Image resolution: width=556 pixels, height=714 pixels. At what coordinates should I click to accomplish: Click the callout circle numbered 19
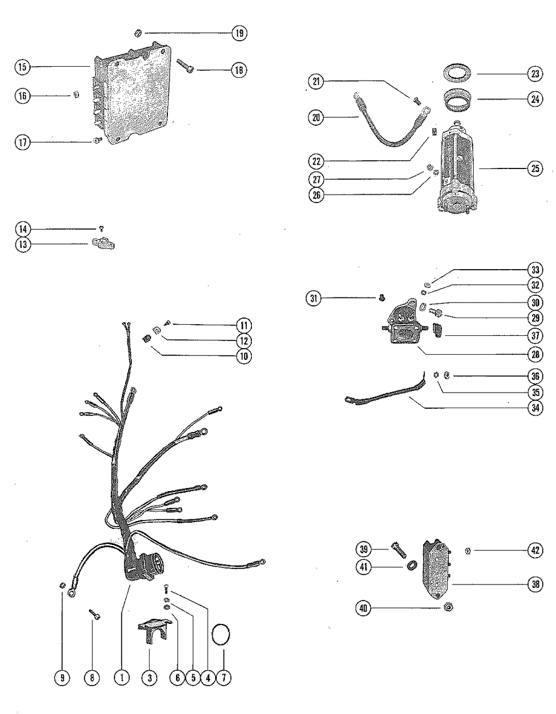pyautogui.click(x=240, y=33)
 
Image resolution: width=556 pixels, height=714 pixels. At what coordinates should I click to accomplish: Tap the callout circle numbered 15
pyautogui.click(x=22, y=67)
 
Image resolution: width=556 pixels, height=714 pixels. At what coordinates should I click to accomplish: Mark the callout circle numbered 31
pyautogui.click(x=314, y=298)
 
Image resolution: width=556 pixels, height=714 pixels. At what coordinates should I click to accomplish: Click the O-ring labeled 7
pyautogui.click(x=222, y=635)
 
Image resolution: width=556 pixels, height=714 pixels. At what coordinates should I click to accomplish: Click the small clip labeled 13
pyautogui.click(x=101, y=244)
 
